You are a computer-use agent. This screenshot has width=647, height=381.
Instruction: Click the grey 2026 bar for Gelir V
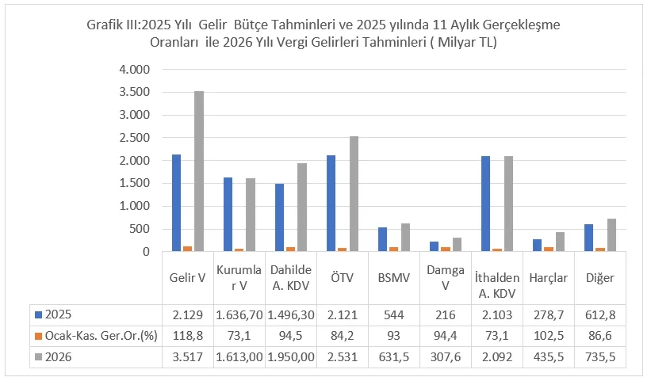[199, 171]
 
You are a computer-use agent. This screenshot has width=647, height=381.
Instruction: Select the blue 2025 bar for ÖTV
[331, 204]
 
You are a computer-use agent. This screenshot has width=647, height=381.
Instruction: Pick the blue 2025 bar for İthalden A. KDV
[485, 204]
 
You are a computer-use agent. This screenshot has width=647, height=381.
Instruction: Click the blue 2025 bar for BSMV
[382, 239]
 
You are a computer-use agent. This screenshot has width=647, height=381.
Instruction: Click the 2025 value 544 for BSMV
[393, 314]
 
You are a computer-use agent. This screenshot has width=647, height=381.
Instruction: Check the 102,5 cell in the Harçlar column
[548, 335]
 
